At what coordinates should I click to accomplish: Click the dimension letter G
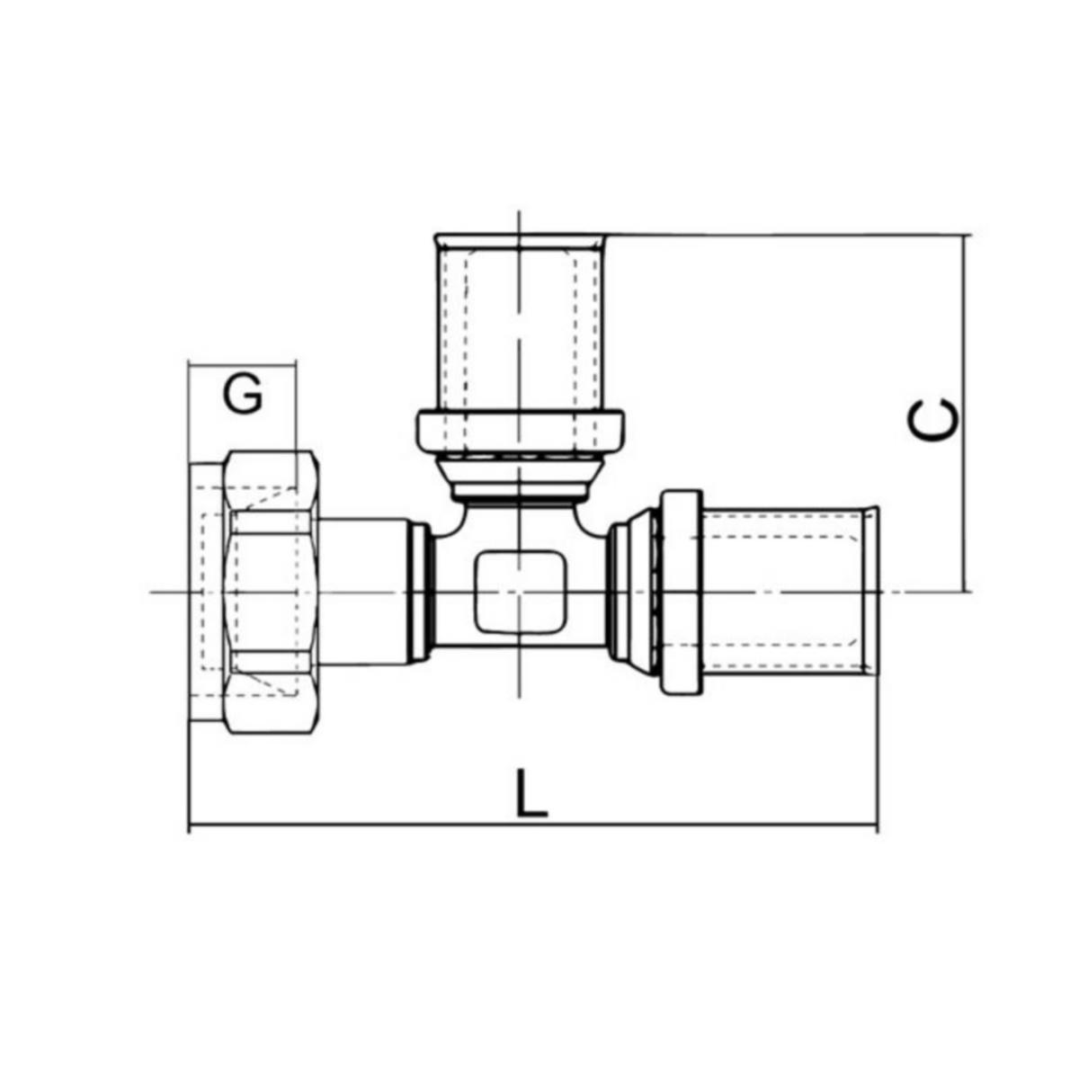pos(243,395)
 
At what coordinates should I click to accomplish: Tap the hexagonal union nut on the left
pos(272,591)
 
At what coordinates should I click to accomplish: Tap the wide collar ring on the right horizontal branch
pos(681,592)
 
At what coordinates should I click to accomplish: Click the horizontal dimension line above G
pos(242,364)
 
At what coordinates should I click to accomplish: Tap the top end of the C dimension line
pos(967,236)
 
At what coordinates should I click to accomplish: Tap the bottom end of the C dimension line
pos(967,593)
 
